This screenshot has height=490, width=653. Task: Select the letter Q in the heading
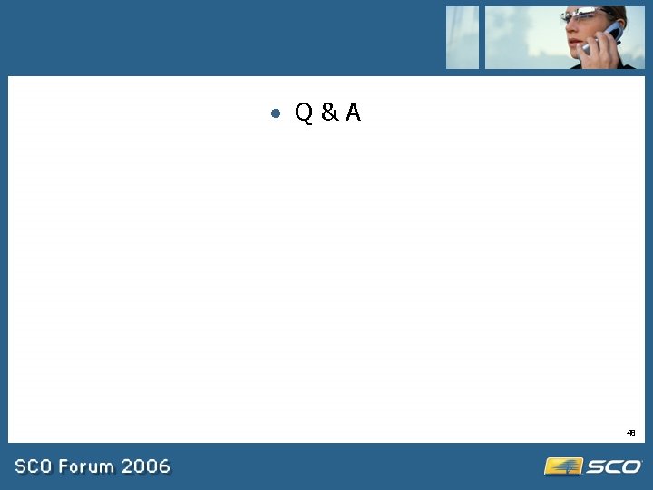(x=304, y=113)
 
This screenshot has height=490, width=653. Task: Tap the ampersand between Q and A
(x=329, y=113)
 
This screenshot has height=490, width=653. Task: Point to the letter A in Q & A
(x=353, y=113)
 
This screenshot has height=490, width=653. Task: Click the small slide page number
(x=630, y=433)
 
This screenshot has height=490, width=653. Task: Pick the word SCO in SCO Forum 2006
(x=34, y=467)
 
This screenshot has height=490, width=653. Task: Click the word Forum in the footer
(x=88, y=467)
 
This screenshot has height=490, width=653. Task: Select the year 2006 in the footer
(x=146, y=467)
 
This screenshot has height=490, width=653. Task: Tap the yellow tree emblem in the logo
(x=563, y=466)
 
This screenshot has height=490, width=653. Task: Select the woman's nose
(x=569, y=28)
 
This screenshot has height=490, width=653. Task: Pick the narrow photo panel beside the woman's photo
(x=462, y=37)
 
